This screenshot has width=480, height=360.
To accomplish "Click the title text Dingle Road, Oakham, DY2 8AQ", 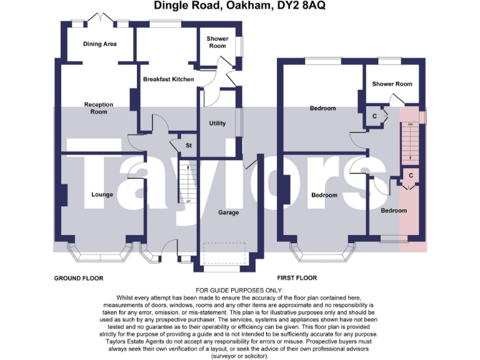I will (x=240, y=6).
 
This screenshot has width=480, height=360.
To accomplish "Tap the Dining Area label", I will (x=100, y=44).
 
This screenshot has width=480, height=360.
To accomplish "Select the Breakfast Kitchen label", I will (x=168, y=79).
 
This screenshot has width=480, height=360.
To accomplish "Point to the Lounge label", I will (x=102, y=194).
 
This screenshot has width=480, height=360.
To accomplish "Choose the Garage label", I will (x=228, y=212).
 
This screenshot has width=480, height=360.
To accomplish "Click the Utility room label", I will (x=217, y=123).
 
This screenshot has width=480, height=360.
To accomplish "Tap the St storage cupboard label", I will (x=187, y=146).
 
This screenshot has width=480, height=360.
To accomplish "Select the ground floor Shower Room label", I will (x=217, y=42).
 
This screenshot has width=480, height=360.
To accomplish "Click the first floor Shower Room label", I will (x=392, y=84).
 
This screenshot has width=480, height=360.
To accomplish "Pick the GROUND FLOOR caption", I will (x=79, y=278).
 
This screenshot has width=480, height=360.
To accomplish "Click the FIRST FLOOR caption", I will (x=297, y=278).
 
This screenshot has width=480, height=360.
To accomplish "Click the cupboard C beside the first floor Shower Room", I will (x=374, y=117).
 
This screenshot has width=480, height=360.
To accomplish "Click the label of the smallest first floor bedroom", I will (x=394, y=211).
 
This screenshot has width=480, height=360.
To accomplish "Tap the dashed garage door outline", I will (x=228, y=252).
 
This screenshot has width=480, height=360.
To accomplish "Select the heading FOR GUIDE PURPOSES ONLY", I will (x=239, y=291).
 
